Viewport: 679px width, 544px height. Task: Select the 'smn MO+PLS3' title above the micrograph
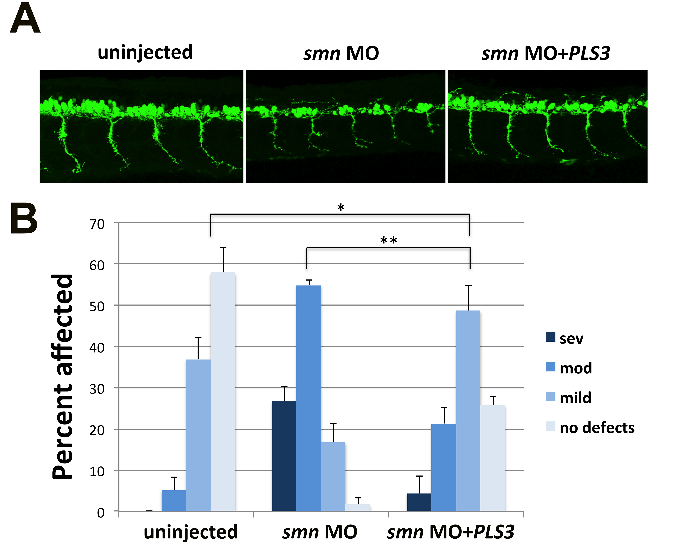(546, 53)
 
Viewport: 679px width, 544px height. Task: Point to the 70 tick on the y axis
(97, 224)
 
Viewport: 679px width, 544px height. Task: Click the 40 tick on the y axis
(97, 348)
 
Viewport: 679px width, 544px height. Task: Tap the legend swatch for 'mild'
(550, 397)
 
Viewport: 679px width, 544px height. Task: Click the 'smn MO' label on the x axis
(320, 533)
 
